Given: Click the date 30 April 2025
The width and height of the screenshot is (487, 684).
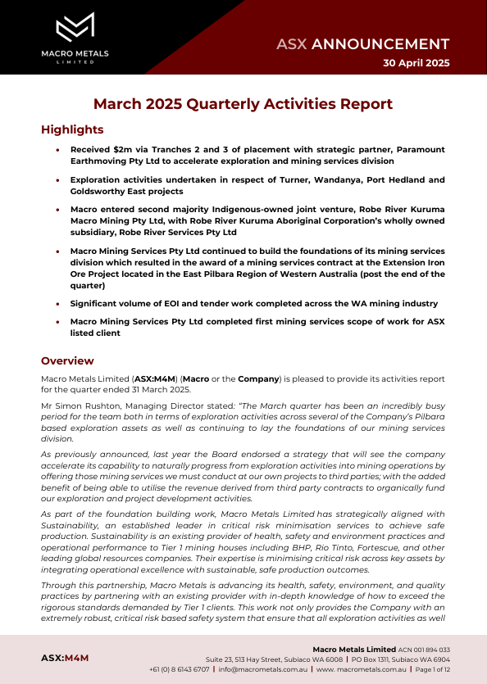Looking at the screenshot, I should pos(416,63).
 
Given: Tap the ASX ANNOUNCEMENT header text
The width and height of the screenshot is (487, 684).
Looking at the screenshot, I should pos(362,44).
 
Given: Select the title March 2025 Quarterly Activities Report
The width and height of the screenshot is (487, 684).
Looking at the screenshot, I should pos(243,104).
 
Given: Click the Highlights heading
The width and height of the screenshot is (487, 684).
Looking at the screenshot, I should pos(72,130).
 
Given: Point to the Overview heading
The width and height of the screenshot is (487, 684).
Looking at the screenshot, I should pos(67,360).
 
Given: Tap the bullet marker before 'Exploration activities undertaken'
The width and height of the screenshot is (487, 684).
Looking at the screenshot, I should pos(57,179).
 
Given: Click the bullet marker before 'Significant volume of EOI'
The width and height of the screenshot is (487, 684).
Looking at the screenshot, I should pos(57,304).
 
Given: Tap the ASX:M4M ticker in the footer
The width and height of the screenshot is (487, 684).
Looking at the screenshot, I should pos(65,658).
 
